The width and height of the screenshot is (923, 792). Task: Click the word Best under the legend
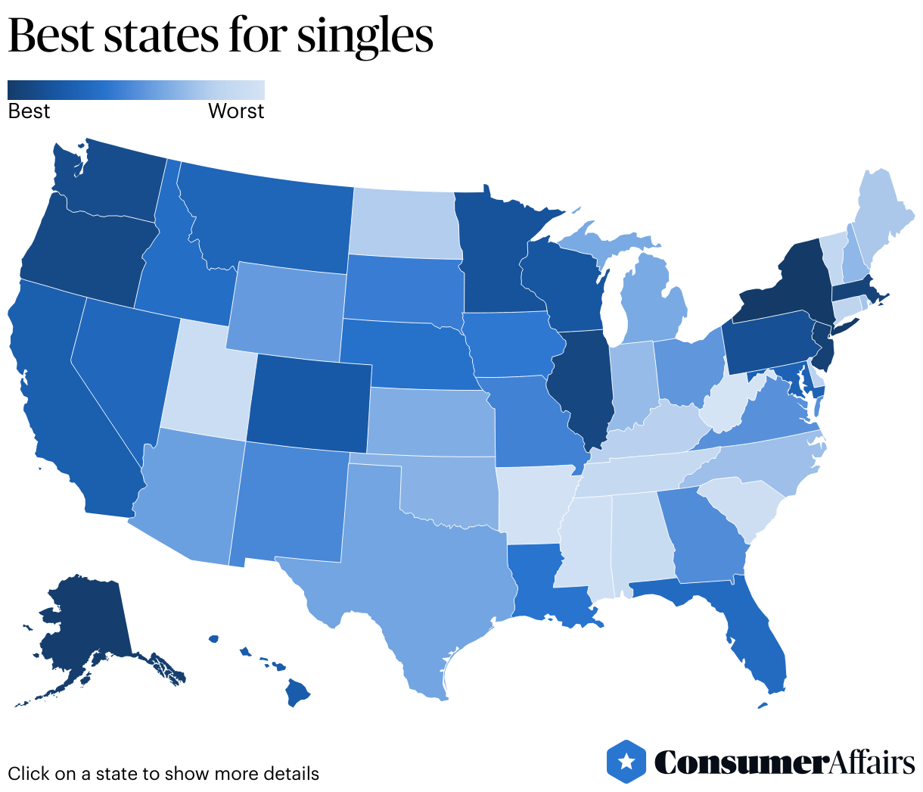29,111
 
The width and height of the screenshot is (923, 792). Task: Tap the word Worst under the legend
236,111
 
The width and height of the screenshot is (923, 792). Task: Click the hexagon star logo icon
626,761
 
